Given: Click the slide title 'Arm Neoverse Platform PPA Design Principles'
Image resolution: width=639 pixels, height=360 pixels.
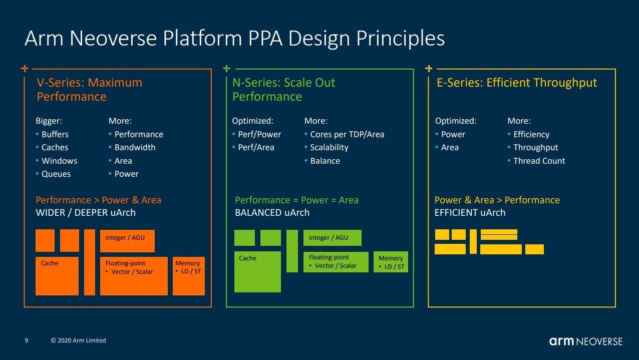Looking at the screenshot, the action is pyautogui.click(x=234, y=38).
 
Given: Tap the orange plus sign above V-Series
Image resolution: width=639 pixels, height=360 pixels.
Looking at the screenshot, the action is pyautogui.click(x=25, y=69).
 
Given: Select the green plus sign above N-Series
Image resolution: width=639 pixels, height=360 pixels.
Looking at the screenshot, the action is pyautogui.click(x=227, y=69).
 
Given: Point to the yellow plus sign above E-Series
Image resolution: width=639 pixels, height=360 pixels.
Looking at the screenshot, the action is pyautogui.click(x=429, y=69).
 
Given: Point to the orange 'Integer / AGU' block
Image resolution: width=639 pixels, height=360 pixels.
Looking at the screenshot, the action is pyautogui.click(x=127, y=241).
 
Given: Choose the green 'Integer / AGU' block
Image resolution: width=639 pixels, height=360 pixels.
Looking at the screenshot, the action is pyautogui.click(x=333, y=238).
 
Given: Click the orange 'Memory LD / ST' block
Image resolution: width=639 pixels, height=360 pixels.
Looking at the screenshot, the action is pyautogui.click(x=189, y=276).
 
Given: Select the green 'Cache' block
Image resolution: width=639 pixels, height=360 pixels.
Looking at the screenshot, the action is pyautogui.click(x=257, y=271).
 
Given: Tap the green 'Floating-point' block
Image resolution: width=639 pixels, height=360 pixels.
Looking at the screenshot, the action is pyautogui.click(x=336, y=262).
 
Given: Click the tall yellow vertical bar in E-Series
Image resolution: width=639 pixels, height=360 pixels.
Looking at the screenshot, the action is pyautogui.click(x=473, y=241).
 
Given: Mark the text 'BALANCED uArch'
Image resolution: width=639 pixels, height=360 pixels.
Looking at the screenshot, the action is pyautogui.click(x=272, y=212).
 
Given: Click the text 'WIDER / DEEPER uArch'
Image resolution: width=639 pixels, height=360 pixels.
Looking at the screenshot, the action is pyautogui.click(x=86, y=212).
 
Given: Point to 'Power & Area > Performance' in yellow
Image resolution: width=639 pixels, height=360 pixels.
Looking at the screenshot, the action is pyautogui.click(x=497, y=200).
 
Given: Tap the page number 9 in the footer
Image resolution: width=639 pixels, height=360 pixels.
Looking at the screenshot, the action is pyautogui.click(x=27, y=340).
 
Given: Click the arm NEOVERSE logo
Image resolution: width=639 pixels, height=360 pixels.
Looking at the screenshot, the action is pyautogui.click(x=586, y=341).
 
